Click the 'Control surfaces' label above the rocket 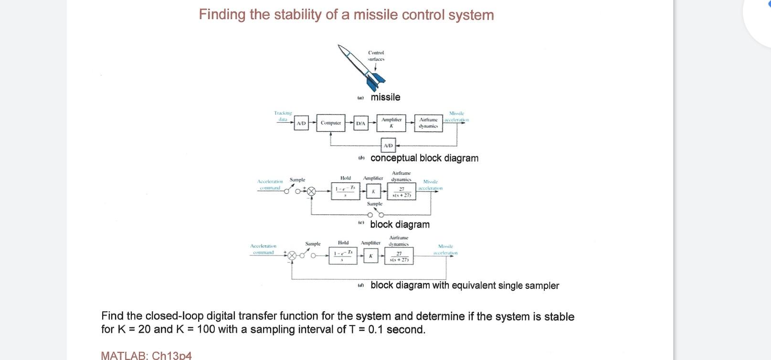click(376, 56)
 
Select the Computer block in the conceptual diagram click(331, 123)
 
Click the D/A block click(361, 123)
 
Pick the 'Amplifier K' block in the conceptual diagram click(391, 123)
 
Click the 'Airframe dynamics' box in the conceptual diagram click(428, 123)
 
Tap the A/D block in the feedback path click(388, 145)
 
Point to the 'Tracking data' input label click(283, 116)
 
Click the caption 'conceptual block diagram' click(424, 158)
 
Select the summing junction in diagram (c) click(311, 191)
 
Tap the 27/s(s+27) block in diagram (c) click(401, 192)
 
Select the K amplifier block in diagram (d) click(370, 256)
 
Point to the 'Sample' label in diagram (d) click(313, 244)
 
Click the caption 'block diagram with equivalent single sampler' click(464, 286)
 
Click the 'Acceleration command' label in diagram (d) click(263, 249)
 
